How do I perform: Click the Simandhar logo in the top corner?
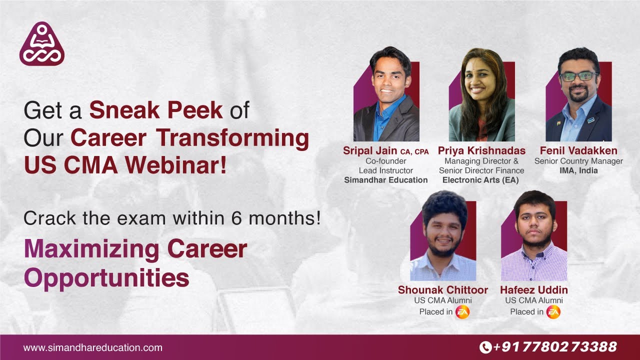42,44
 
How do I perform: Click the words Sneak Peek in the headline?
155,110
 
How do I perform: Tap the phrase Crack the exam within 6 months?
172,218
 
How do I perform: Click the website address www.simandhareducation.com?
93,347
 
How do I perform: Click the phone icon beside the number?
485,347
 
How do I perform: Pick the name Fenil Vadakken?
578,150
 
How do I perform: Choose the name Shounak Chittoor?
443,290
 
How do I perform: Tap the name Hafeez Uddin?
534,290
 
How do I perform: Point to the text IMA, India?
578,170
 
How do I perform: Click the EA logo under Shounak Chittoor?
462,312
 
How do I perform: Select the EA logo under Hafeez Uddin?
553,312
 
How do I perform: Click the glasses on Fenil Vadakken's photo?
579,76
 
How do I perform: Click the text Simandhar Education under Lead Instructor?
386,180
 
